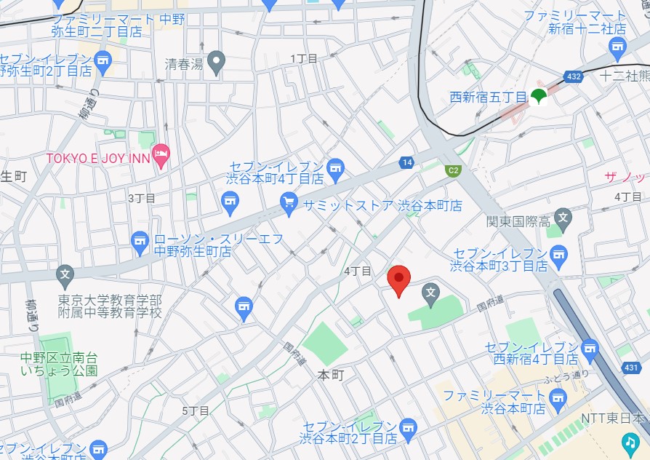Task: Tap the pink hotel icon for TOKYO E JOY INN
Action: pos(161,155)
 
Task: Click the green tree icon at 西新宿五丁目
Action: pos(539,95)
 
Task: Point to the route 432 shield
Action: pos(574,76)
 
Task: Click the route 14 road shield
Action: pos(405,163)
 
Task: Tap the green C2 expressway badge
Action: pos(453,170)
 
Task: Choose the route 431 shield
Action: pos(632,370)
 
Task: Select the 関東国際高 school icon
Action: pos(563,216)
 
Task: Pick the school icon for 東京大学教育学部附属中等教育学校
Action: pos(65,274)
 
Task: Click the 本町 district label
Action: pos(331,374)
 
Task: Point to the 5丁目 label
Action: pos(196,411)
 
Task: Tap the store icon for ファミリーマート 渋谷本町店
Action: pos(558,397)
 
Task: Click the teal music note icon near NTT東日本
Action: pos(630,441)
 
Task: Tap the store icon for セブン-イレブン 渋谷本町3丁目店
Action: pos(558,253)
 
